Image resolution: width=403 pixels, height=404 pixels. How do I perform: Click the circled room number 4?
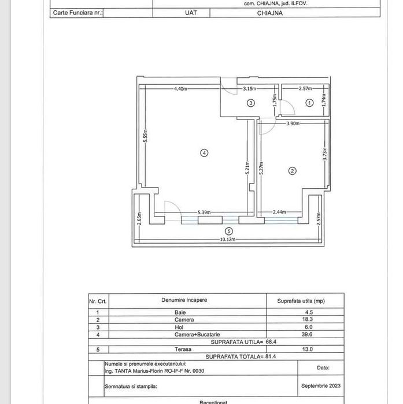[204, 153]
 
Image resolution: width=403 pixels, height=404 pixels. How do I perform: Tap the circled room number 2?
[293, 171]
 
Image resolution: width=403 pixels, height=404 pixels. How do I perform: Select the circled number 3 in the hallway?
[250, 103]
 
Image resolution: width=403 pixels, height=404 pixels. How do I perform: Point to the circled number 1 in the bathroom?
[309, 102]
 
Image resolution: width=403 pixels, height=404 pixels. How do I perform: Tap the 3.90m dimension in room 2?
[293, 124]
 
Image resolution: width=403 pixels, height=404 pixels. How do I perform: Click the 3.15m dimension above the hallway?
[250, 89]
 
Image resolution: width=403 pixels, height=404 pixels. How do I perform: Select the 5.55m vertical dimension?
[147, 136]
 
